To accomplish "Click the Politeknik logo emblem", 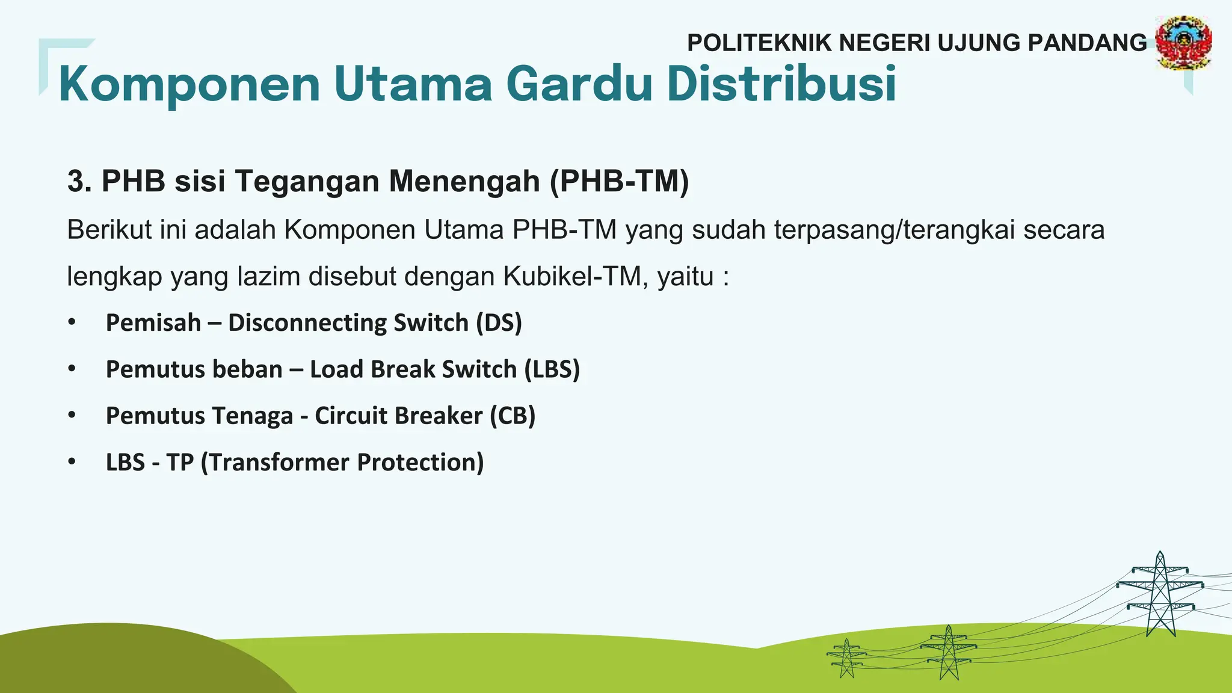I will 1183,43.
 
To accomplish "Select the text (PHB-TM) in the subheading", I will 619,181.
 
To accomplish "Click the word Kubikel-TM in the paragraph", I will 576,277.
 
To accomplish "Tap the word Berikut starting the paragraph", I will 109,230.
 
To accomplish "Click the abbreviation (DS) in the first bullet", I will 499,322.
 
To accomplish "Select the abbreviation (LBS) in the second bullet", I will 552,369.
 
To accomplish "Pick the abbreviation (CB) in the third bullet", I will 512,416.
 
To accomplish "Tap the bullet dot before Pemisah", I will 72,322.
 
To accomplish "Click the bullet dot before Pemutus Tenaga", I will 72,415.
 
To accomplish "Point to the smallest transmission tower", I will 846,658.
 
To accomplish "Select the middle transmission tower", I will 949,653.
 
